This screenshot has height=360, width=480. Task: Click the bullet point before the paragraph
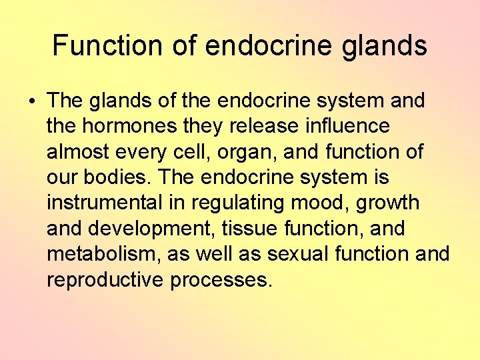click(x=32, y=101)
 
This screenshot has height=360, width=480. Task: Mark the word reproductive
click(x=105, y=280)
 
